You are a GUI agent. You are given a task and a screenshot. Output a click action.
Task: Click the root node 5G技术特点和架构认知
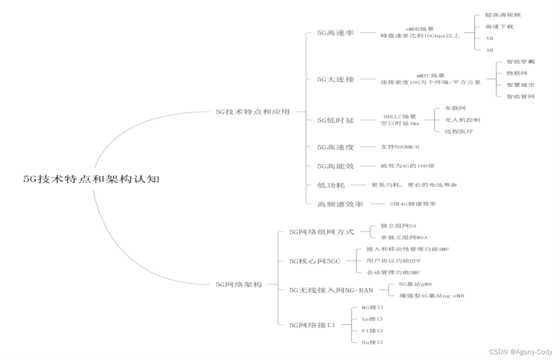(x=91, y=180)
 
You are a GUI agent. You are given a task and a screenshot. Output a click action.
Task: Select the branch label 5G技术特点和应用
(x=252, y=111)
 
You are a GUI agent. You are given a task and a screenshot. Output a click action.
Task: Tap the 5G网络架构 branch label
(x=238, y=284)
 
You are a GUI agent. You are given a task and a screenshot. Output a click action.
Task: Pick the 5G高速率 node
(x=336, y=33)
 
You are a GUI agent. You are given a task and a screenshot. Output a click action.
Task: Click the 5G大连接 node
(x=336, y=79)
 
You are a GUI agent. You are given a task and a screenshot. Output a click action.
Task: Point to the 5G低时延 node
(x=336, y=120)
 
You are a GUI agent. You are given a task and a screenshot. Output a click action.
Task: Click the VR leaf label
(x=489, y=39)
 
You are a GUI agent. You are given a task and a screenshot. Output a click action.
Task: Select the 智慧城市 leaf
(x=520, y=85)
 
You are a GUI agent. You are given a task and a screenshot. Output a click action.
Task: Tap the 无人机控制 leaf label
(x=462, y=120)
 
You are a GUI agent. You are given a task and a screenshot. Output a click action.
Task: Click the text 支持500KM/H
(x=400, y=146)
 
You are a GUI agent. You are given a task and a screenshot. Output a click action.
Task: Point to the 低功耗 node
(x=331, y=185)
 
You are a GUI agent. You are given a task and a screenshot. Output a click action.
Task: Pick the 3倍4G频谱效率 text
(x=412, y=204)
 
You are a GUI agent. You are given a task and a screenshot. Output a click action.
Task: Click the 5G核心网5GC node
(x=315, y=261)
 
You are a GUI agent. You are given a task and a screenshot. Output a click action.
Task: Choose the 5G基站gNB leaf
(x=415, y=284)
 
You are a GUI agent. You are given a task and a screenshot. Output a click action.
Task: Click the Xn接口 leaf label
(x=372, y=319)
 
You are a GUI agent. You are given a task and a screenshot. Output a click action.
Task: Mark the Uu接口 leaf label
(x=372, y=342)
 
